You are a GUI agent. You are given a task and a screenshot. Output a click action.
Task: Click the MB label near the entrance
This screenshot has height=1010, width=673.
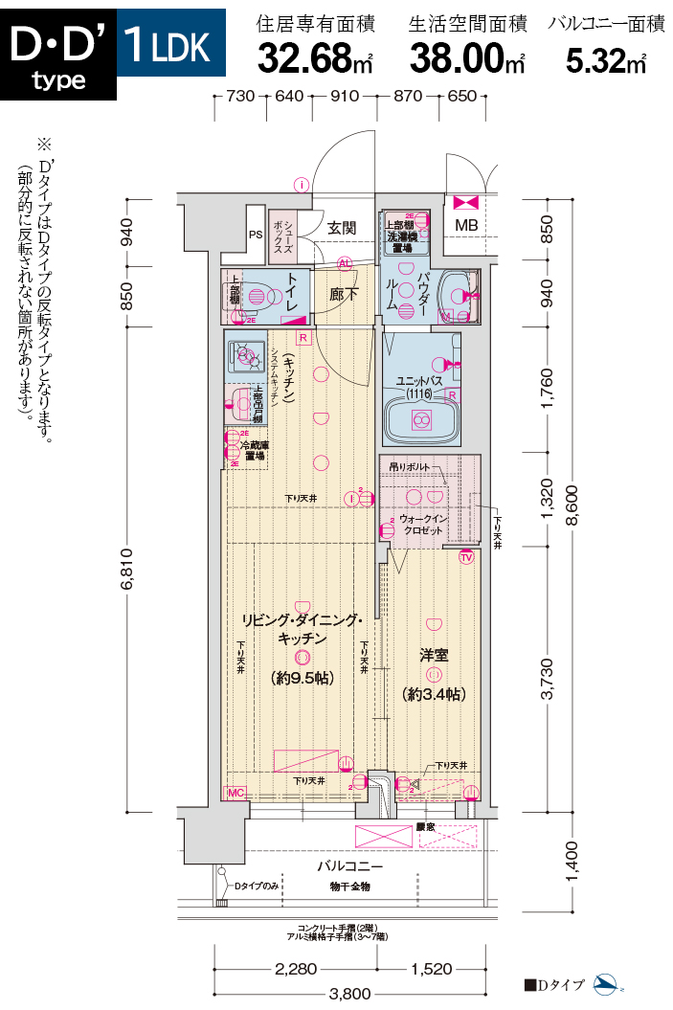point(466,225)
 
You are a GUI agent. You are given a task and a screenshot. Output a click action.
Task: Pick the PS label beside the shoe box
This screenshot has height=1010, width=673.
point(256,234)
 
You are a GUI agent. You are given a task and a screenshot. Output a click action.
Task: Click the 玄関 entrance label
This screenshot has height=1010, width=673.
point(342,228)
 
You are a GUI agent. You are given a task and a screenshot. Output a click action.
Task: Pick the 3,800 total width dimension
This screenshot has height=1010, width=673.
point(349,994)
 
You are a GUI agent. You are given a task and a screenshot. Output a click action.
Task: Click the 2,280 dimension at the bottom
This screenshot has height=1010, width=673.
point(296,969)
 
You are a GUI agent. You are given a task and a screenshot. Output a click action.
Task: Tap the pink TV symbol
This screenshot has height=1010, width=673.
point(467,557)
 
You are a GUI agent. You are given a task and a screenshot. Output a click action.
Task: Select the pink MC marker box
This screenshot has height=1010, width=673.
point(235,793)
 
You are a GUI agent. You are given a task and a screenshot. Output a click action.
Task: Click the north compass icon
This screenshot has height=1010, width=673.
point(608,984)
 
